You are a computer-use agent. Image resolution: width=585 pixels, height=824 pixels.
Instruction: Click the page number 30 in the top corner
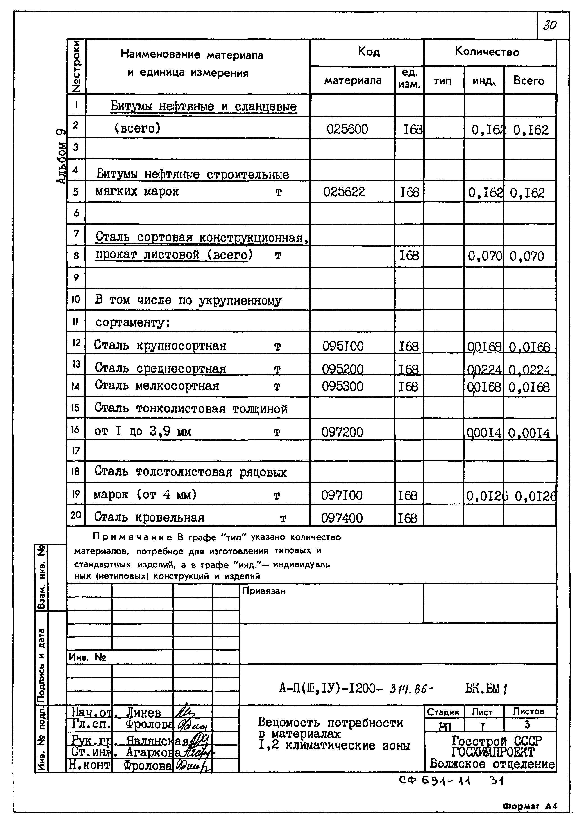pyautogui.click(x=550, y=25)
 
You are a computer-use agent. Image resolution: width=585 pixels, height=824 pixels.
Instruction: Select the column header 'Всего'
pyautogui.click(x=528, y=80)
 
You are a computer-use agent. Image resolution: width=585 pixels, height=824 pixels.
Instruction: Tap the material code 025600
pyautogui.click(x=347, y=129)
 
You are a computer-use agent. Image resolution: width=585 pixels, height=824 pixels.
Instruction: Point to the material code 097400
pyautogui.click(x=342, y=518)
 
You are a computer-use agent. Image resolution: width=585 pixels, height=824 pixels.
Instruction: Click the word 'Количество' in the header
pyautogui.click(x=487, y=52)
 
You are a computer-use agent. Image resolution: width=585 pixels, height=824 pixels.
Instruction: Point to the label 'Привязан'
pyautogui.click(x=264, y=591)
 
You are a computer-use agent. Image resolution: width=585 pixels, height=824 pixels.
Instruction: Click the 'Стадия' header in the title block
pyautogui.click(x=443, y=712)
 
